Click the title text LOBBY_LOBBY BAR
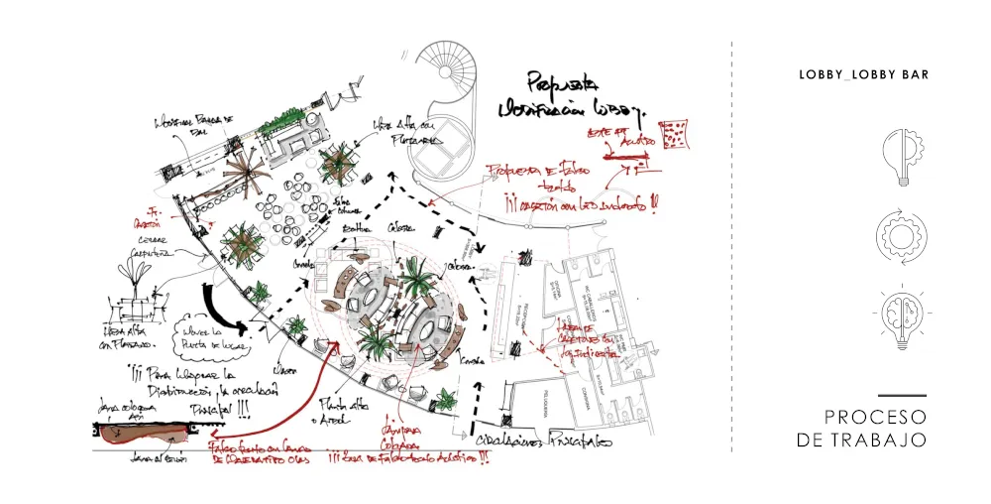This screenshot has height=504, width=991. [x=863, y=74]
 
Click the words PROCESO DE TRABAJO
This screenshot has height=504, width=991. [x=861, y=428]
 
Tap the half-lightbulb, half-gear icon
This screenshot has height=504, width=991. [x=901, y=158]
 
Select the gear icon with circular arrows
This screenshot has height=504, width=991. [x=901, y=235]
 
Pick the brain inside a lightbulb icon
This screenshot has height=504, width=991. [x=901, y=317]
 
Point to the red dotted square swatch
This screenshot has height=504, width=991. [x=677, y=135]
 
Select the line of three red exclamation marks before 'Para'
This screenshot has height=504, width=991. [x=137, y=376]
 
